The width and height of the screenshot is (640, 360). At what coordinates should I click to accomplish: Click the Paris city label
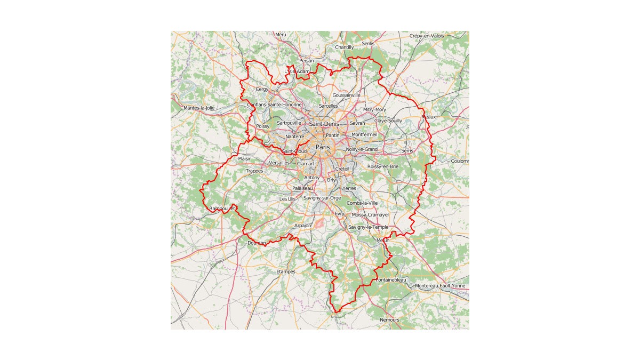(x=323, y=147)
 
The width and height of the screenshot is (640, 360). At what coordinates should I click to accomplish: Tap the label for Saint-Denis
(x=324, y=124)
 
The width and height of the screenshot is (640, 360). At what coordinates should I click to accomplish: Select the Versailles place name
(x=279, y=163)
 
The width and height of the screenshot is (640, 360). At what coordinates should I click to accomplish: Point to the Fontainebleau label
(x=391, y=280)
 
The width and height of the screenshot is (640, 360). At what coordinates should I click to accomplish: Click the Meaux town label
(x=428, y=117)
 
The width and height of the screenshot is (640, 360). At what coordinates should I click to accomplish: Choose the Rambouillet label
(x=222, y=209)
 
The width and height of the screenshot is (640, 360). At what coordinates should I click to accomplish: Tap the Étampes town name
(x=286, y=271)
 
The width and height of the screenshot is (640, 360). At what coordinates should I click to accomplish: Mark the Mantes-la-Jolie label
(x=199, y=108)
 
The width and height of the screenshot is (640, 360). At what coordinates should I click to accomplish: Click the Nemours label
(x=389, y=320)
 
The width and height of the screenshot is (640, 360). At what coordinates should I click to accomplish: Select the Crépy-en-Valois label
(x=427, y=36)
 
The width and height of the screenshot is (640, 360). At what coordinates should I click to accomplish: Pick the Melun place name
(x=383, y=241)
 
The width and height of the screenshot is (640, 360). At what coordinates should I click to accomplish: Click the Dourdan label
(x=257, y=243)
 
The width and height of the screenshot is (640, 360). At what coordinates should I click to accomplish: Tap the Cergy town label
(x=262, y=89)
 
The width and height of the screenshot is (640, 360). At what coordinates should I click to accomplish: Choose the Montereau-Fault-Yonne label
(x=440, y=286)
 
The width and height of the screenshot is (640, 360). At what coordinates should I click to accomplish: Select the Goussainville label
(x=346, y=95)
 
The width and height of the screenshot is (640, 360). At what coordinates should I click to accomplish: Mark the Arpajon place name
(x=302, y=226)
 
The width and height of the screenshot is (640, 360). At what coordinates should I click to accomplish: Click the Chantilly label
(x=344, y=47)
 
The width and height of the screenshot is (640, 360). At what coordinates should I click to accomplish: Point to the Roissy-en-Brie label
(x=383, y=166)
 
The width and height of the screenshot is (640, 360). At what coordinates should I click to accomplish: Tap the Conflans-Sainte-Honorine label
(x=274, y=105)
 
